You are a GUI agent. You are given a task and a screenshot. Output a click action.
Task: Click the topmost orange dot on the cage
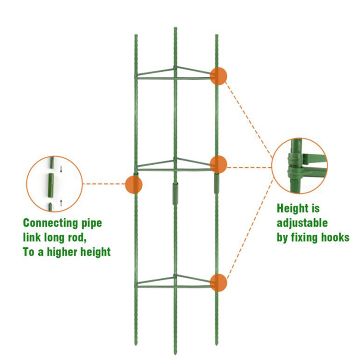coord(218,76)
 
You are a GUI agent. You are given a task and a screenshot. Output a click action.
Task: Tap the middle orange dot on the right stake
coord(218,164)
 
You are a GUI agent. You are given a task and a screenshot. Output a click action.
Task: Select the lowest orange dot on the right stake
coord(218,283)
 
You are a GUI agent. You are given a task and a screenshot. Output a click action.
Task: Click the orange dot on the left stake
coord(134,184)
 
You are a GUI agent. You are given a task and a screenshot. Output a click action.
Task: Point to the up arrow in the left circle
coord(61,202)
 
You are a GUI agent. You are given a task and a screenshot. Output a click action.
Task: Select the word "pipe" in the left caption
coord(89,223)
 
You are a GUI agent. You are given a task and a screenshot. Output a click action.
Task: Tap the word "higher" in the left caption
coord(69,252)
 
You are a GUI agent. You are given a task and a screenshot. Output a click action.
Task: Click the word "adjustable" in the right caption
coord(302,223)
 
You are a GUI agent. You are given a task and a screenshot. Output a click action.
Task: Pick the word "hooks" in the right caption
coord(334,237)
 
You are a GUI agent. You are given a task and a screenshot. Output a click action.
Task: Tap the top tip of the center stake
coord(175,28)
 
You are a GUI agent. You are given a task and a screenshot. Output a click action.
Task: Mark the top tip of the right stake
coord(216,36)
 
